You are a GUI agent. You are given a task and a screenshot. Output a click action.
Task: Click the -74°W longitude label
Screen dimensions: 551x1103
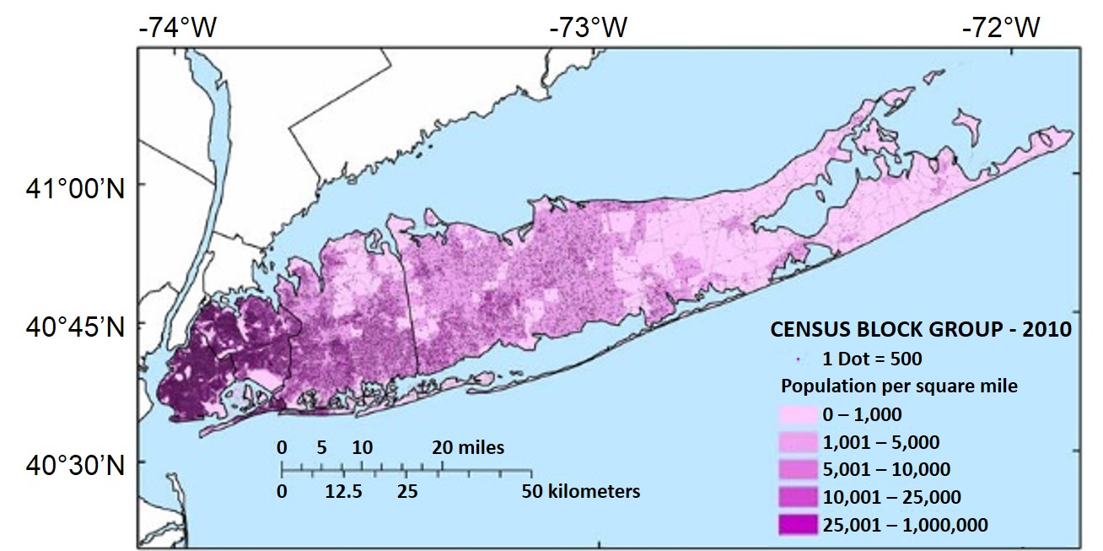coord(179,28)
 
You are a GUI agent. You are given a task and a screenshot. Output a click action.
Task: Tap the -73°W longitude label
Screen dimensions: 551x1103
coord(589,28)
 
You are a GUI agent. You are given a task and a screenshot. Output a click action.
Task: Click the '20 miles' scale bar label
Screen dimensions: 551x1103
coord(469,447)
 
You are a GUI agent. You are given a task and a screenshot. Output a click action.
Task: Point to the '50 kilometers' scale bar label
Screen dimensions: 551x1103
coord(581,490)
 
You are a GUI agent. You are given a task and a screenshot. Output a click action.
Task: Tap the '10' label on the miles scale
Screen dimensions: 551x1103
coord(362,447)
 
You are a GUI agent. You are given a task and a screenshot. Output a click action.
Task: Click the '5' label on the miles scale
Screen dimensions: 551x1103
coord(321,447)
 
